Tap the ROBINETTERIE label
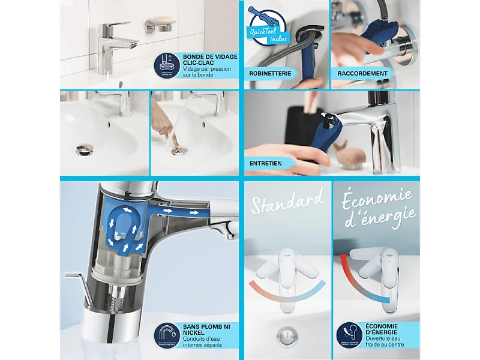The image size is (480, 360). click(x=270, y=73)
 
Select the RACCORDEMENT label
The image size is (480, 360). click(x=361, y=73)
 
